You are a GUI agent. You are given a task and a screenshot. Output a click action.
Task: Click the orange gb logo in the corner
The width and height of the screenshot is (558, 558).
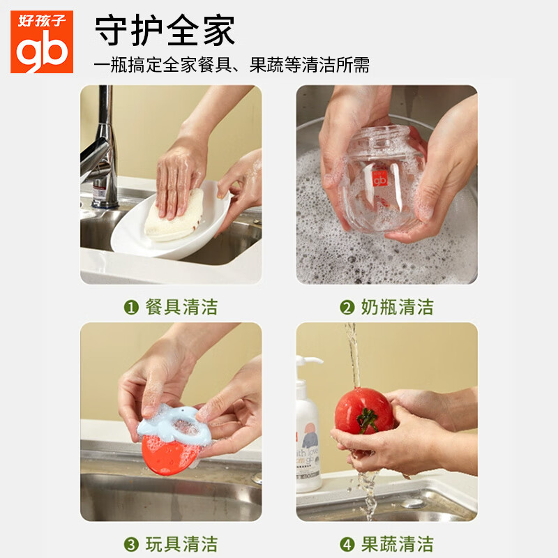pos(42,42)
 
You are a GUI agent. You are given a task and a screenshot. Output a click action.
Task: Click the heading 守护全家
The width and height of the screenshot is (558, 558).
pos(165,30)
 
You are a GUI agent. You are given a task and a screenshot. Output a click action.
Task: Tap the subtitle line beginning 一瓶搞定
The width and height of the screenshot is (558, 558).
pos(232,65)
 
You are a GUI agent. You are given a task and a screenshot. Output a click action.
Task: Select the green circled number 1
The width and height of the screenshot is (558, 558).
pos(131,307)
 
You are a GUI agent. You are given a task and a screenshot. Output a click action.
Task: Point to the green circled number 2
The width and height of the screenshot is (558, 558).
pos(347,307)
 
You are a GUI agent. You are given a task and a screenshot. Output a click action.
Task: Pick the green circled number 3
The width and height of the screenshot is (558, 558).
pos(131,545)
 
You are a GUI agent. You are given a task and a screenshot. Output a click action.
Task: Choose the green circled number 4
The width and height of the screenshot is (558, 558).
pos(347,545)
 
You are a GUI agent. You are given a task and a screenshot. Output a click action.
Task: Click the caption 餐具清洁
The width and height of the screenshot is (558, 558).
pos(181,307)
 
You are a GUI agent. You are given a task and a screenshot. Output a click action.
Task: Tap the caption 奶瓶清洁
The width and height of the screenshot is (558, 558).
pos(398,307)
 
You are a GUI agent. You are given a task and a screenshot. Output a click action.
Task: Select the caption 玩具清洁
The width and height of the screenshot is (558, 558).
pos(181,545)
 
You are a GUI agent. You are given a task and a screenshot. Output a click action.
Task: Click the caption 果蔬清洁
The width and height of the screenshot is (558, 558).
pos(398,545)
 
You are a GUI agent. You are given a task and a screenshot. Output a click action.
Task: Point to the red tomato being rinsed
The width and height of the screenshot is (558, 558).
pos(363,411)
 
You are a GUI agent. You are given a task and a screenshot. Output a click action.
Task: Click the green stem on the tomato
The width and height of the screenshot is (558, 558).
pos(367,420)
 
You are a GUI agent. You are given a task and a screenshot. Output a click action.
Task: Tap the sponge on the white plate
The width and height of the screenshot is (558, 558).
pos(175,217)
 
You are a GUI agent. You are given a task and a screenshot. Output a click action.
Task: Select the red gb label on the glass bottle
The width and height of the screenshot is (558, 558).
pos(379,179)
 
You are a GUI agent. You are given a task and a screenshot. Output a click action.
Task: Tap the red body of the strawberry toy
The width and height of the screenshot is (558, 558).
pos(167,455)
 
